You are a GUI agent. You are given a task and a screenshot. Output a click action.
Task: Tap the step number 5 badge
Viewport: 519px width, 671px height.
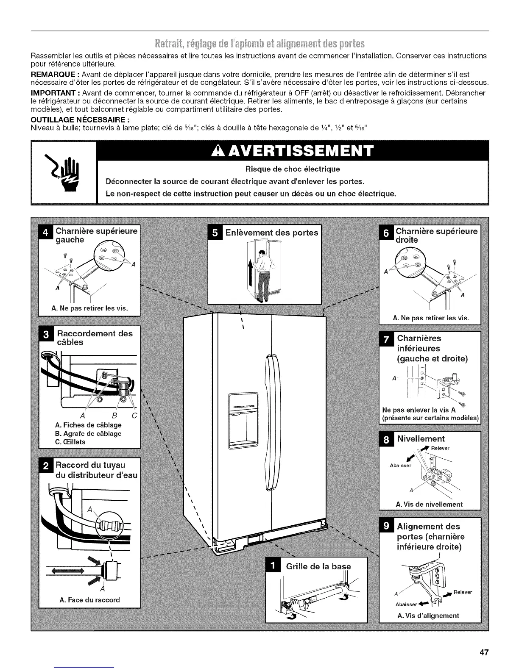(x=216, y=233)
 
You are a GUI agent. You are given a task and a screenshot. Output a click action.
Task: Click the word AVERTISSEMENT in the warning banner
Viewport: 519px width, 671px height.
(x=293, y=152)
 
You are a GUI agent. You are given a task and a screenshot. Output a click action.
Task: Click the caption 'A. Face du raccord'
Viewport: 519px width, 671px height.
(x=90, y=600)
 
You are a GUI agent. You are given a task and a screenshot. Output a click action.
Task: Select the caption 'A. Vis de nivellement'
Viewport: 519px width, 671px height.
(x=429, y=504)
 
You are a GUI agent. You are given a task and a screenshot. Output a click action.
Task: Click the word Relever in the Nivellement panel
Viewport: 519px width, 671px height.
(x=440, y=448)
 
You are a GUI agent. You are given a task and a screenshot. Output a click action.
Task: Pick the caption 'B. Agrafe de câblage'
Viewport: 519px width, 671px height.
(x=88, y=433)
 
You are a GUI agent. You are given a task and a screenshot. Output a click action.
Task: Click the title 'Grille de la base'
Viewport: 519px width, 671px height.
(x=319, y=567)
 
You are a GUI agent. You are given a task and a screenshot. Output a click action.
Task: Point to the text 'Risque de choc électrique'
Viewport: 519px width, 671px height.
(x=293, y=169)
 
